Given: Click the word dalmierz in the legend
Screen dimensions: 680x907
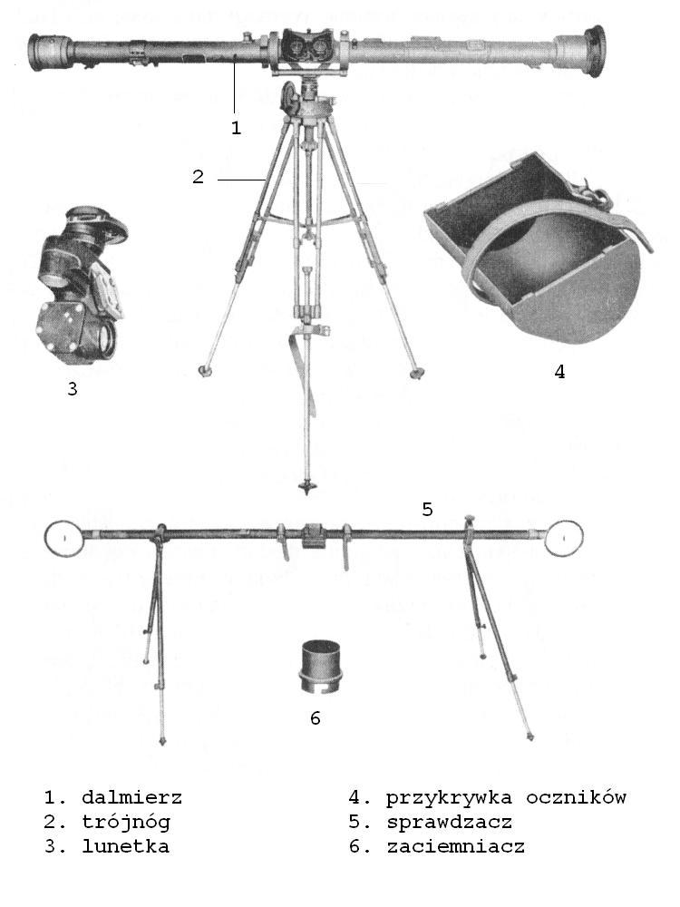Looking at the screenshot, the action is coord(131,797).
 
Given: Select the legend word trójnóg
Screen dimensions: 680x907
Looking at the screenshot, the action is coord(126,823).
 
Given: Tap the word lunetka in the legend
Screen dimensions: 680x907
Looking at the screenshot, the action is coord(125,847).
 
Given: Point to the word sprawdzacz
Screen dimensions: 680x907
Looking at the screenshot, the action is coord(450,823).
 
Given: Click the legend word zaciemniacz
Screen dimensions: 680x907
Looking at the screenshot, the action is coord(456,847).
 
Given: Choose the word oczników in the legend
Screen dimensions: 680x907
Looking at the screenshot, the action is coord(576,797).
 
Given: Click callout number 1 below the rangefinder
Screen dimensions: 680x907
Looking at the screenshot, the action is coord(236,128).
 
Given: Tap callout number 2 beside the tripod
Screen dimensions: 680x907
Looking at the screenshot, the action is coord(198,177).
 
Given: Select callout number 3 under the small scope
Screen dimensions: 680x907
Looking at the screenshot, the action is coord(73,389).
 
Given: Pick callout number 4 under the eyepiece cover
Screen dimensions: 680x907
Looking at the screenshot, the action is coord(559,371).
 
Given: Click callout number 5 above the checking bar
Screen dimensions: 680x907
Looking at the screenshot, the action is coord(427,509).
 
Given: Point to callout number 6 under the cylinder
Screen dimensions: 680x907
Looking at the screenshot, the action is coord(316,717).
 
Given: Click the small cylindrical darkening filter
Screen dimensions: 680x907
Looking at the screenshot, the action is coord(320,666).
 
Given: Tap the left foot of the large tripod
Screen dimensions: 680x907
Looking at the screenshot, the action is coord(203,370).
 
